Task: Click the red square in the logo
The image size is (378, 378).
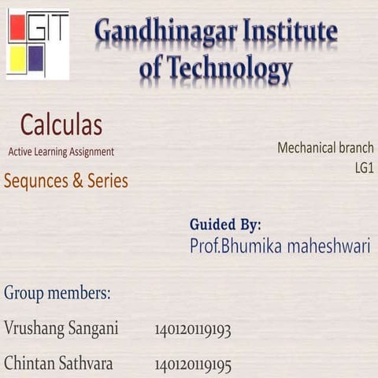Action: [x=17, y=29]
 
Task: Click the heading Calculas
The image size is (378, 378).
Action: [x=61, y=124]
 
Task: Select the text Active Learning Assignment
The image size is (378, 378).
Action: [x=61, y=151]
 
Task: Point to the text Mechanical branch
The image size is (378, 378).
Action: [x=325, y=147]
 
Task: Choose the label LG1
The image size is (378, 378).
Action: [x=364, y=167]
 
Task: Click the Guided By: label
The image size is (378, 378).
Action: [x=225, y=224]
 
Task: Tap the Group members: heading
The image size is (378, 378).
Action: [x=57, y=294]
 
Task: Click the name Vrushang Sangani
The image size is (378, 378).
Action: [x=61, y=328]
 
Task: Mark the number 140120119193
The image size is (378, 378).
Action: [x=193, y=329]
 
